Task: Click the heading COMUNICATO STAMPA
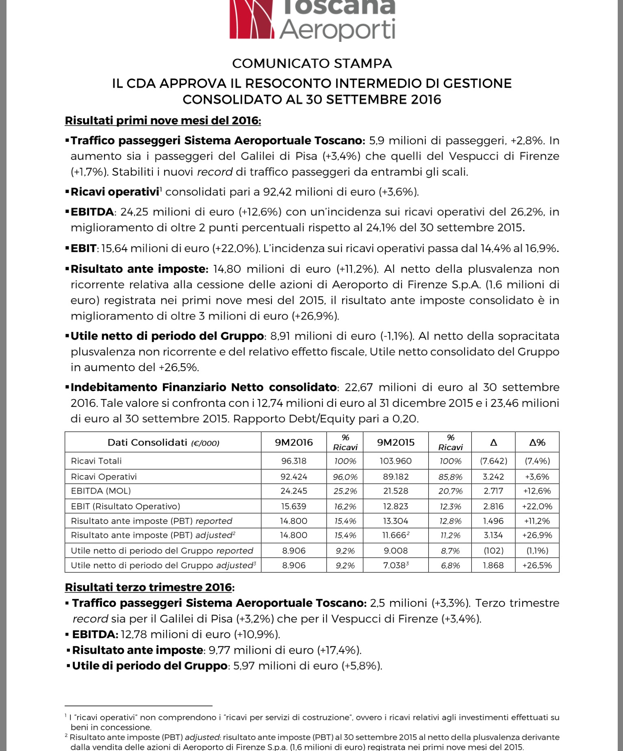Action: pos(312,63)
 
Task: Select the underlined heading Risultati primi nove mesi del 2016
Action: pos(163,121)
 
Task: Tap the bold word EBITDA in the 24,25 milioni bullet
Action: pos(92,212)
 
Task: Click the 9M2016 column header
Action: pos(293,443)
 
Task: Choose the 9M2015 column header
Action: pos(395,443)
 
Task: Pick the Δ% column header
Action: pos(537,443)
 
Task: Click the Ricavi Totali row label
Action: pos(96,461)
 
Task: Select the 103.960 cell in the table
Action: pos(395,461)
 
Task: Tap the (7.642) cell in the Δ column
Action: pos(493,461)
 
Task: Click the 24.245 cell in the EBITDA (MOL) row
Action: pos(293,491)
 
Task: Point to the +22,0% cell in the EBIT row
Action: pos(537,506)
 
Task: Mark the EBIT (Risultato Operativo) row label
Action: pos(125,506)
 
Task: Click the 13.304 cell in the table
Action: pos(395,521)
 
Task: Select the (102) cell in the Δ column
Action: pos(493,551)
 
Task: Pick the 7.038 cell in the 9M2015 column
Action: pos(394,565)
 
